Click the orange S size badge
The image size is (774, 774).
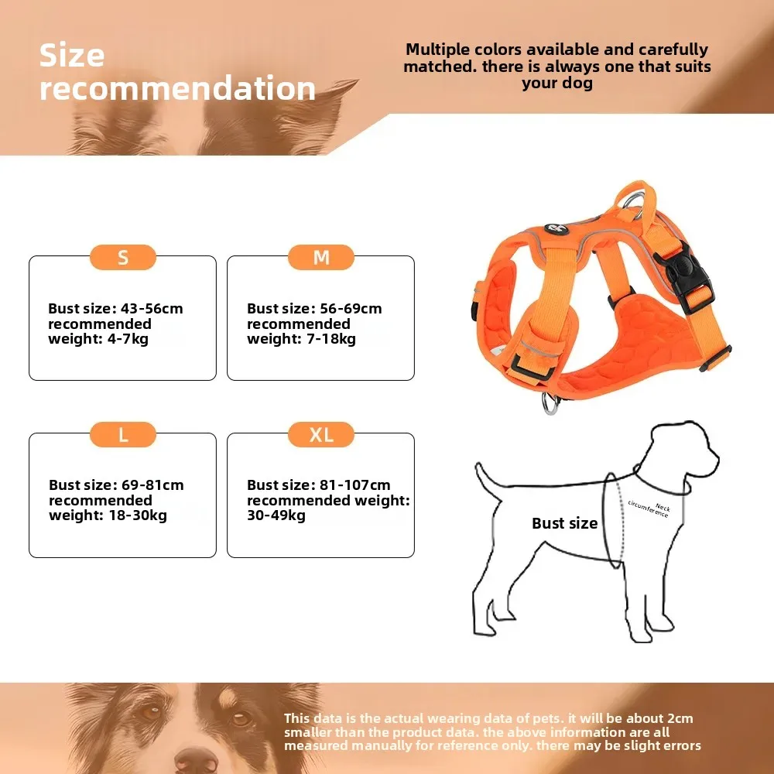[x=123, y=258]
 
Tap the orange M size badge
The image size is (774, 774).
[x=321, y=258]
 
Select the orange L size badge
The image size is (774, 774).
[x=123, y=435]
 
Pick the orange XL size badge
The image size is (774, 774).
[x=321, y=435]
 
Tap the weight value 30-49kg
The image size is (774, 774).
[x=276, y=515]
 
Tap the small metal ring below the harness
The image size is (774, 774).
[x=550, y=403]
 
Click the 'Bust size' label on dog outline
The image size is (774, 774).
[x=564, y=523]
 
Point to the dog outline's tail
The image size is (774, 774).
[x=487, y=479]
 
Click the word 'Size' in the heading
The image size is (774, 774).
[x=72, y=56]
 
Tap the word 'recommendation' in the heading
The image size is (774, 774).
[x=178, y=88]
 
